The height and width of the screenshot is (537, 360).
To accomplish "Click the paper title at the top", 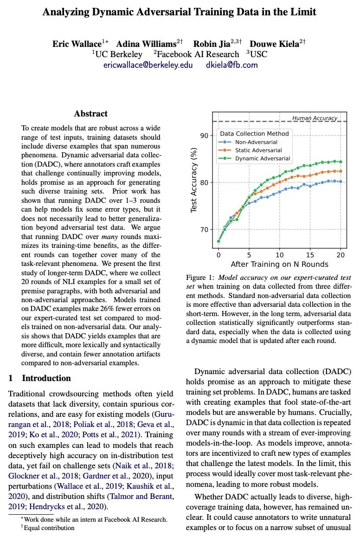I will pyautogui.click(x=180, y=13).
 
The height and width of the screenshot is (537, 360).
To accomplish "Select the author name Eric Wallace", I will pyautogui.click(x=77, y=44).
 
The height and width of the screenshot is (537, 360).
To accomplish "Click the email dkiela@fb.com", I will pyautogui.click(x=231, y=65).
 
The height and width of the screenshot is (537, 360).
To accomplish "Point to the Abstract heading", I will pyautogui.click(x=90, y=114).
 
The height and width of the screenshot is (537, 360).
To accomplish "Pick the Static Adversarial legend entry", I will pyautogui.click(x=258, y=150).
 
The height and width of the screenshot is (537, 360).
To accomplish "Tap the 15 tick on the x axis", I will pyautogui.click(x=309, y=255).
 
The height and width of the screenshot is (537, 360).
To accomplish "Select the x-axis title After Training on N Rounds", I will pyautogui.click(x=280, y=265).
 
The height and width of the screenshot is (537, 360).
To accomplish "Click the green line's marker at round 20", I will pyautogui.click(x=341, y=162).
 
